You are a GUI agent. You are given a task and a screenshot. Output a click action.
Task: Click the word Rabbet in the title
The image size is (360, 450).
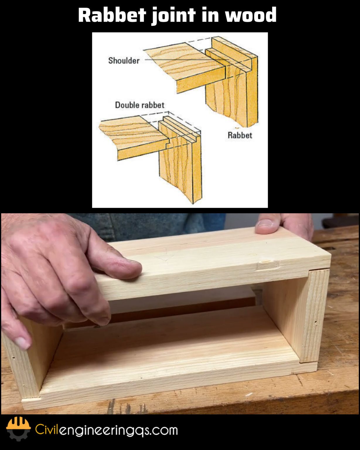tap(112, 15)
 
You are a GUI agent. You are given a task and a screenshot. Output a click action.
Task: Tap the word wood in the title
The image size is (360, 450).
tap(251, 15)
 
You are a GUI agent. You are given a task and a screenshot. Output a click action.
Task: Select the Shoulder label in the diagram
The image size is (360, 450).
tap(124, 61)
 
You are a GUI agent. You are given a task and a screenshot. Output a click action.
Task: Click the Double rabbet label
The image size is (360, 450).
tap(139, 105)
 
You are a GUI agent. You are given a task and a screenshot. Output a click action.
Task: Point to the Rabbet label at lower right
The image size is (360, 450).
tap(240, 135)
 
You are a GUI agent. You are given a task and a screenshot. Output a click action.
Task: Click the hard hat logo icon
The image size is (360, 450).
tap(18, 428)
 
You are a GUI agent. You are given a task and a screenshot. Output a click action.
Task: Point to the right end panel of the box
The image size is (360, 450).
tap(315, 315)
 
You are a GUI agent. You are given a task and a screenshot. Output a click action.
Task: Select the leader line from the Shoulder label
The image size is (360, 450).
tap(179, 59)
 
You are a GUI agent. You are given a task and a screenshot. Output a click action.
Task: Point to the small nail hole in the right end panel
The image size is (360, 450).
tap(315, 323)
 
